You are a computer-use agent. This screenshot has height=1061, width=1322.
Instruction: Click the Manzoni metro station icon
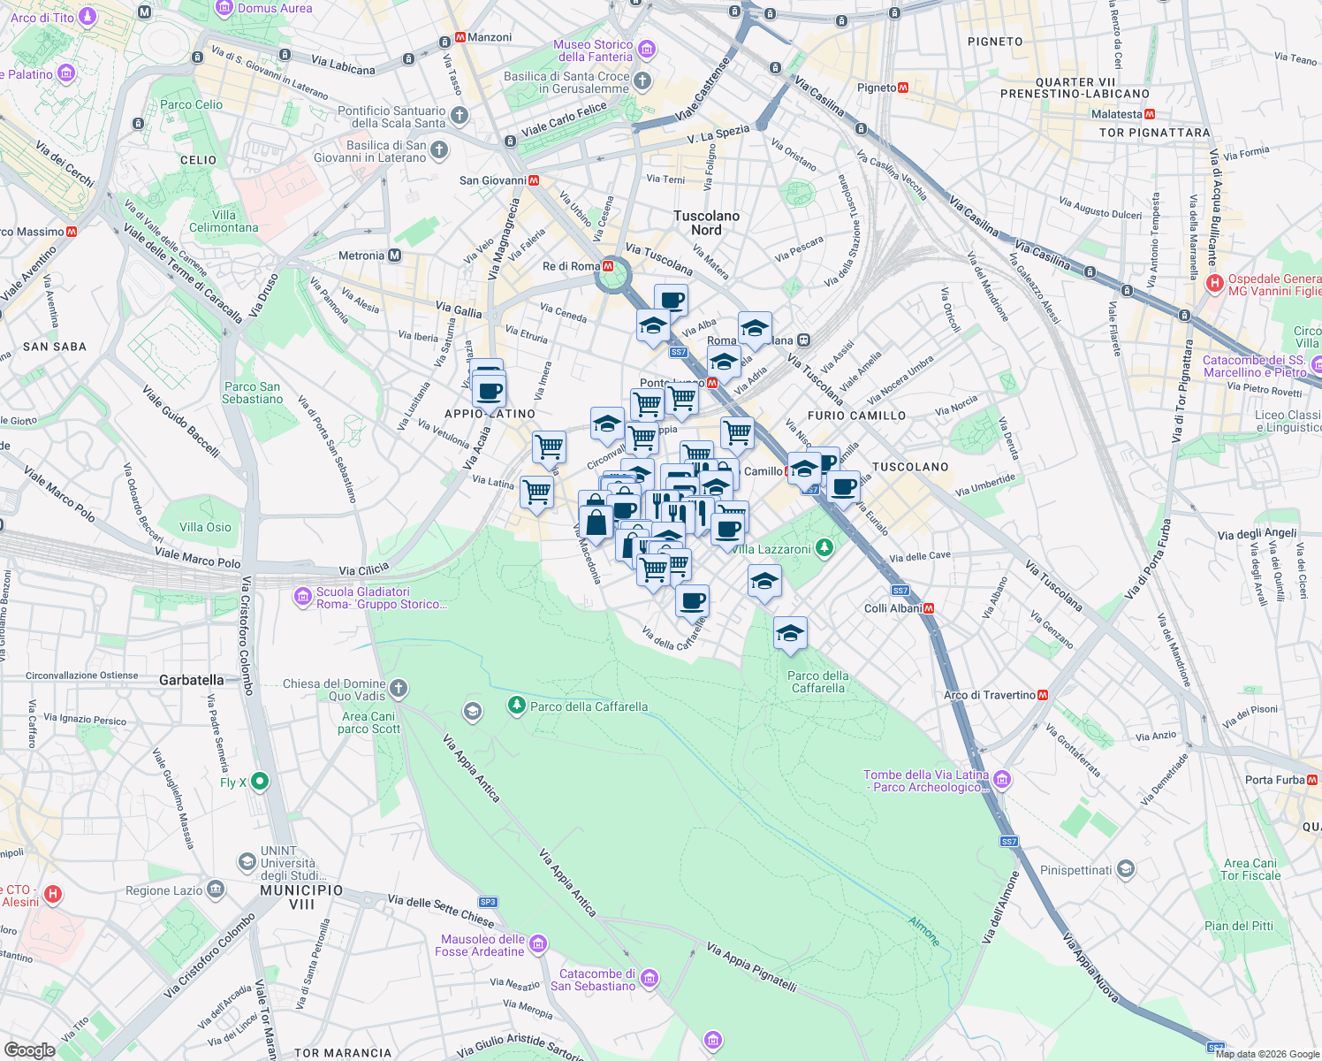(460, 38)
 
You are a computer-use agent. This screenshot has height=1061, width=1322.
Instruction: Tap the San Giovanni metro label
(493, 180)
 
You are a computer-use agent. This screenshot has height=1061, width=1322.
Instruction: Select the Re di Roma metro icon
(608, 266)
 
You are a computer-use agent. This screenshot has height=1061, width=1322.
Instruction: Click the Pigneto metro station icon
(903, 88)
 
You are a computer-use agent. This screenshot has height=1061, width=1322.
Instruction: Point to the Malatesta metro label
(1116, 114)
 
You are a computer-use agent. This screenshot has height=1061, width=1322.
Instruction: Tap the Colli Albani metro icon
(929, 608)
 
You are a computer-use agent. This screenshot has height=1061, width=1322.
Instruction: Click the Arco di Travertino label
(989, 695)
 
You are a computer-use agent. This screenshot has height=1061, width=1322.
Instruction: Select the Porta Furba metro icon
(1312, 780)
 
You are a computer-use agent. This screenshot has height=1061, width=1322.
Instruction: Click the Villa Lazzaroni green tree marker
(824, 548)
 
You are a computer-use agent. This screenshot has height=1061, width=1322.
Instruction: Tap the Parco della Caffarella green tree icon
(516, 706)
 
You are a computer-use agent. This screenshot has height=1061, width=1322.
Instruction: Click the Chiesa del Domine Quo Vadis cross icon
(399, 688)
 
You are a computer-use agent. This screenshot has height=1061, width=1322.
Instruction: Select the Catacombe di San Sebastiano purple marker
(650, 978)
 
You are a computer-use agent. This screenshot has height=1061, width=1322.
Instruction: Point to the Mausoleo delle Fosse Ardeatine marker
(538, 944)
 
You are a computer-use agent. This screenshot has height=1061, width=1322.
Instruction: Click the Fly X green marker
(259, 781)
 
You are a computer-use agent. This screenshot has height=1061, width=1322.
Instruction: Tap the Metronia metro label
(361, 256)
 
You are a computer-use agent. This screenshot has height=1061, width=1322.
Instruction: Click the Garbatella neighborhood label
(191, 680)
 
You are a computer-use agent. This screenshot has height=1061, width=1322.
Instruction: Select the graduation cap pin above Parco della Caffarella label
(790, 632)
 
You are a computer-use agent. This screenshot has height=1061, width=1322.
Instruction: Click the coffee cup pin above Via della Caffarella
(693, 600)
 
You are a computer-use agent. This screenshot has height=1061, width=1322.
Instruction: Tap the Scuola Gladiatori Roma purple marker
(303, 598)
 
